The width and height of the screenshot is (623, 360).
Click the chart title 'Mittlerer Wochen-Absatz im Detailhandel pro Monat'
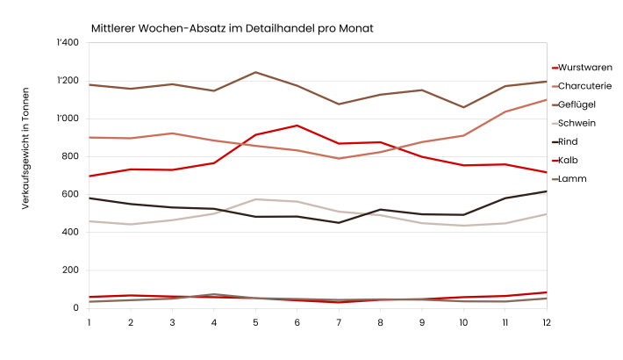(232, 28)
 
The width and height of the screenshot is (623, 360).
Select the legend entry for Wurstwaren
(584, 68)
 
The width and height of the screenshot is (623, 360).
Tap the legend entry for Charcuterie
(585, 86)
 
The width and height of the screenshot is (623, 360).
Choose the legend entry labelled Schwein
(576, 123)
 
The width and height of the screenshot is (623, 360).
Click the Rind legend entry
(570, 141)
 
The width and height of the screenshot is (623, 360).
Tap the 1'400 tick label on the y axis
(68, 43)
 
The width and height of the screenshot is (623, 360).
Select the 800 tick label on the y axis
(71, 156)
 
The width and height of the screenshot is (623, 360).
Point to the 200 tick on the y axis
(71, 270)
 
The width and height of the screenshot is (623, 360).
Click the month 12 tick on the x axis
(546, 322)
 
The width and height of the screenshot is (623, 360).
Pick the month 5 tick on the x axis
(255, 322)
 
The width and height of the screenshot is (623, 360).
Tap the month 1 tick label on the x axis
(90, 322)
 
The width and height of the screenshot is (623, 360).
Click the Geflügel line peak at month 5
(255, 72)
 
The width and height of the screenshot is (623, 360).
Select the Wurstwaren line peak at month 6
(297, 126)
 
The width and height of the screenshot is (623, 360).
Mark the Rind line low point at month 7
(339, 222)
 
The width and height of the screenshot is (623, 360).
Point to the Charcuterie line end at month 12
(546, 100)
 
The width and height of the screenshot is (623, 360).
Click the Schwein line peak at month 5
(255, 199)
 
